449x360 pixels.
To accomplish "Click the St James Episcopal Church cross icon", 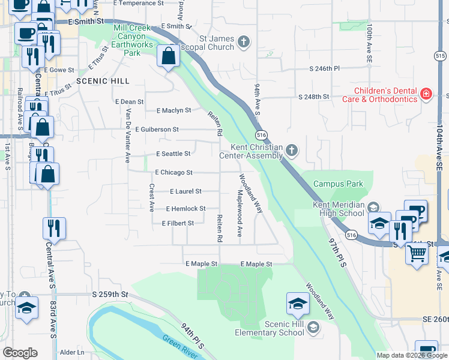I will pos(243,41).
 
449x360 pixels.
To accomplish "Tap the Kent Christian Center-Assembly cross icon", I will pos(292,150).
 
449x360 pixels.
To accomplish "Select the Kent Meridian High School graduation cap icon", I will pos(373,207).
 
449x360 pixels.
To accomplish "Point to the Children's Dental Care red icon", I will pos(426,93).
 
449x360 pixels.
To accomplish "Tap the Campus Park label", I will pos(338,184).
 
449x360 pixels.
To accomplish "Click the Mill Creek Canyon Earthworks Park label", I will pos(132,40).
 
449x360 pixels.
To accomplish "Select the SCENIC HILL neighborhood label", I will pos(103,81).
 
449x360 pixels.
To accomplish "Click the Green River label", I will pos(180,346).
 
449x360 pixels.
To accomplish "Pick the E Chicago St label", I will pos(173,172).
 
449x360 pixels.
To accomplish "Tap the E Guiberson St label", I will pos(157,129).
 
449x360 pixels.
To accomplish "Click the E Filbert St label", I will pos(178,223).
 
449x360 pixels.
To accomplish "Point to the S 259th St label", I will pos(110,295).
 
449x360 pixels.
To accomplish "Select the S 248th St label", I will pos(315,97).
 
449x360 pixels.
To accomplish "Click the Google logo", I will pos(20,353).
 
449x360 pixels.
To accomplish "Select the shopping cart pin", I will pos(417,253).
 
